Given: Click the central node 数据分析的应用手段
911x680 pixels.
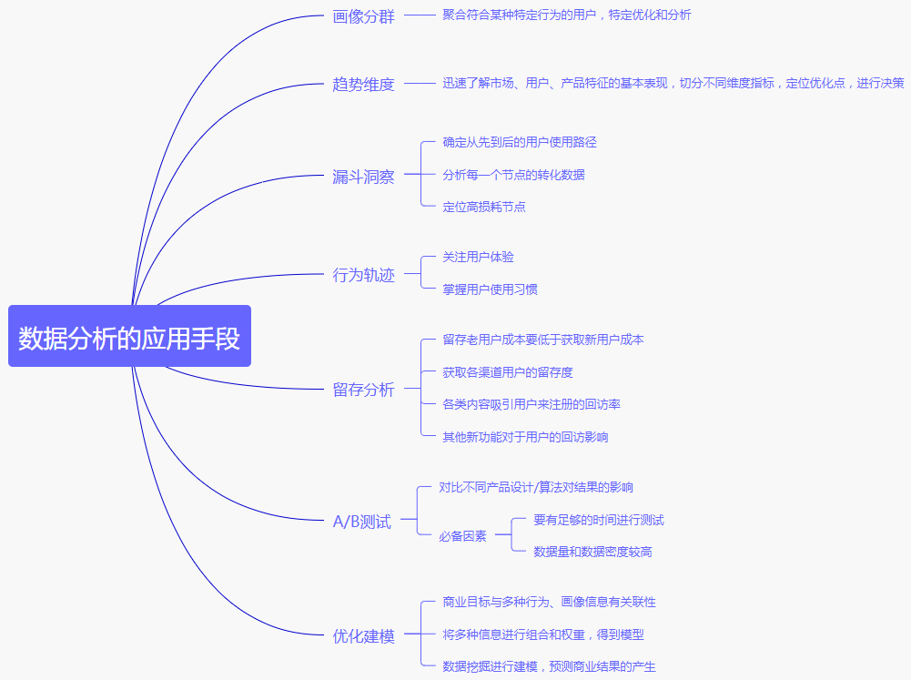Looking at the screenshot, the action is (x=129, y=337).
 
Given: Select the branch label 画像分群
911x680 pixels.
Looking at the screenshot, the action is (x=363, y=16).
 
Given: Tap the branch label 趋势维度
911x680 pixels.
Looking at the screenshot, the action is (x=363, y=85).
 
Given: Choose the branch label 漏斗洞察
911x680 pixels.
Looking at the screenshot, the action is (x=363, y=178).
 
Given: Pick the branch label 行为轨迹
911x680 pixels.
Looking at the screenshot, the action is (x=363, y=275).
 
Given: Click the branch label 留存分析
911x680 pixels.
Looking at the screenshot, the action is (x=363, y=390).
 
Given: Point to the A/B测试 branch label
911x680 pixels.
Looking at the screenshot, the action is (x=361, y=523).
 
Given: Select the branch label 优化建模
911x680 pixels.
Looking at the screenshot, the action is (x=363, y=636).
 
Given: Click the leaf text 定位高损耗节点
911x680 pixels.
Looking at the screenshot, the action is (x=484, y=207).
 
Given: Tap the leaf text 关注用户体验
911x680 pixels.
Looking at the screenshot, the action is (x=478, y=257).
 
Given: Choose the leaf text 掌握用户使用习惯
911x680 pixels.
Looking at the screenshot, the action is (x=490, y=289).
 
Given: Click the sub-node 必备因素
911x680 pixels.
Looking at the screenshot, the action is (x=462, y=536).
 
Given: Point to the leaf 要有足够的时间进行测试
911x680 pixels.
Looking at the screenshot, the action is (x=598, y=520).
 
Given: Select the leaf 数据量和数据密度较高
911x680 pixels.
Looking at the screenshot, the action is (x=592, y=552).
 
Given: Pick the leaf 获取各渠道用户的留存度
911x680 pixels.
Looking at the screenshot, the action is (x=508, y=372).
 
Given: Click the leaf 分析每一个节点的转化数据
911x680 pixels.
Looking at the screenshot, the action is (x=513, y=175).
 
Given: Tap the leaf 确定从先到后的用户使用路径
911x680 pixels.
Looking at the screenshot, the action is (x=520, y=142).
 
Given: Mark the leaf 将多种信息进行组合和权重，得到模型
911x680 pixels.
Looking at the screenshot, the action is (x=543, y=634).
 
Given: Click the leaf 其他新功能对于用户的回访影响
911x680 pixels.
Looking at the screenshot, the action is (x=525, y=437).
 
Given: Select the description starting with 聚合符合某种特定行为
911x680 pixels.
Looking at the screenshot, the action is (x=567, y=15).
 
